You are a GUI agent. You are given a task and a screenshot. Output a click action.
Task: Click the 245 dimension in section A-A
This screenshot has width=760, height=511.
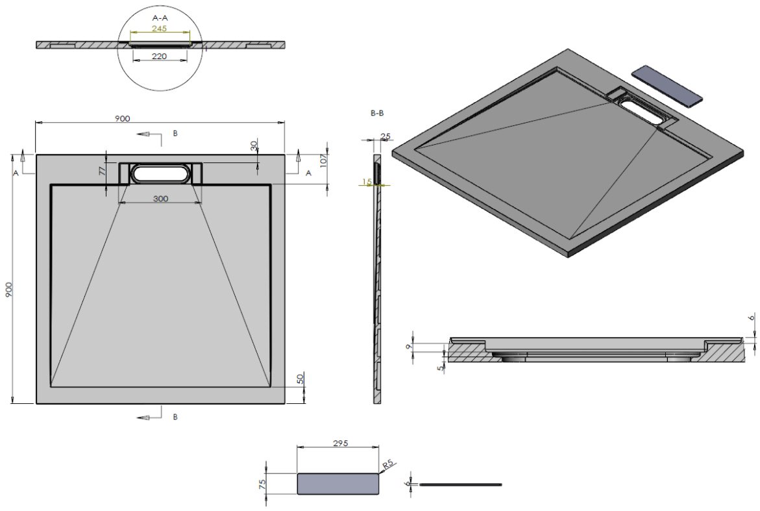160,29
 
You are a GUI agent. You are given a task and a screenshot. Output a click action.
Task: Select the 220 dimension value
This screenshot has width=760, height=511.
160,56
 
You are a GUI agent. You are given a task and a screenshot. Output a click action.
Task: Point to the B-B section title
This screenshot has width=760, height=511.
377,113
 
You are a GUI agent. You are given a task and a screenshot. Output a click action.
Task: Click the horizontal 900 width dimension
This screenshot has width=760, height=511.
123,118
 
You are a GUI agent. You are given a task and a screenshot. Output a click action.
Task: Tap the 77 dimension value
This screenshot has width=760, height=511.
102,172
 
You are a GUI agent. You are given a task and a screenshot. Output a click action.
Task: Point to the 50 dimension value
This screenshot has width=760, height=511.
300,378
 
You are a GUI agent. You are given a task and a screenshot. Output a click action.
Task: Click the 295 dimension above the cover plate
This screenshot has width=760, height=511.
341,443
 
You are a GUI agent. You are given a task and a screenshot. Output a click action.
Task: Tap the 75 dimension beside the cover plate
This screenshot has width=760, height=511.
262,484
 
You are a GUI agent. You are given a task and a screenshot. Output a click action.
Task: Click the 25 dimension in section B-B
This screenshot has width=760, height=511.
386,137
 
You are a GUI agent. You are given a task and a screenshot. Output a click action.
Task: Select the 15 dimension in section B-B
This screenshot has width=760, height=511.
367,182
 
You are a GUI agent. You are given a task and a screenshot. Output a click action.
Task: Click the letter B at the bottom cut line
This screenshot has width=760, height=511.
175,417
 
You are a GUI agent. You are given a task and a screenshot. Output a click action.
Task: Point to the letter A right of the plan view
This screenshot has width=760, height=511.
308,173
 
